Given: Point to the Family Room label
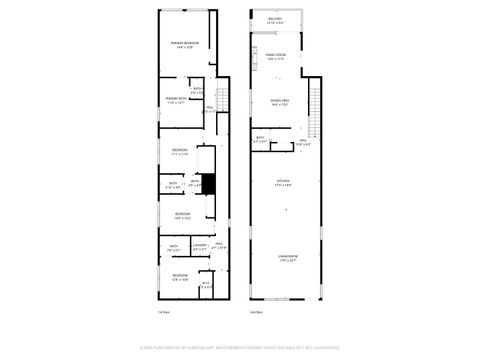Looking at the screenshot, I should [x=276, y=57].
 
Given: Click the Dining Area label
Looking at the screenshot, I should [x=279, y=103].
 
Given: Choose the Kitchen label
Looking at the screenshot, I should [x=284, y=183].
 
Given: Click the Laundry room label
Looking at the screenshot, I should [x=200, y=246].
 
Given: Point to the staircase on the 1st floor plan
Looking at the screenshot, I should [x=222, y=100].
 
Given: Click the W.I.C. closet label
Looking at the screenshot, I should [x=206, y=286].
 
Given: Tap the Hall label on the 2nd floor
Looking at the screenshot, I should [x=303, y=143].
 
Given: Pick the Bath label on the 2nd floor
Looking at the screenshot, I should [x=260, y=140].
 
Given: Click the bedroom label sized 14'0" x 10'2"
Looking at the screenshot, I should [x=182, y=216].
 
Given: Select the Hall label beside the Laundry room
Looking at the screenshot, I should [x=219, y=246].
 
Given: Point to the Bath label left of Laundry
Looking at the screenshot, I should [x=174, y=248].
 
